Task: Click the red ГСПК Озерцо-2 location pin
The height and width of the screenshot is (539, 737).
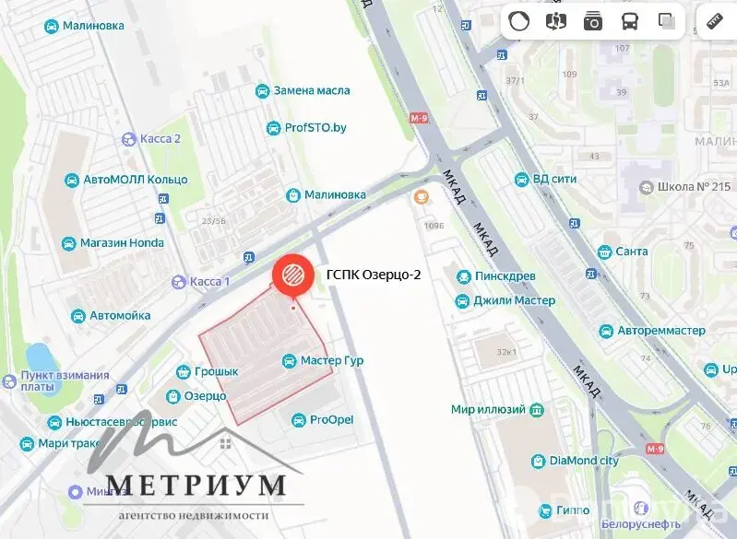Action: (x=291, y=275)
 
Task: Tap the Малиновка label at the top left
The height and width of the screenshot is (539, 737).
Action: (x=92, y=26)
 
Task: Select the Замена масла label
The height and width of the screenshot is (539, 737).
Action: (x=311, y=91)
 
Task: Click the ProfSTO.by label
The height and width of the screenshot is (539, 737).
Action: (x=315, y=128)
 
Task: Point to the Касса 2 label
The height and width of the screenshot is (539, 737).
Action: (x=160, y=139)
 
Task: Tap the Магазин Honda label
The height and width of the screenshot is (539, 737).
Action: (x=122, y=243)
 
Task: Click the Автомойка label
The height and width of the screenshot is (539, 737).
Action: (x=120, y=315)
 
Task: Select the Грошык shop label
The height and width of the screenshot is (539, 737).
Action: (x=217, y=371)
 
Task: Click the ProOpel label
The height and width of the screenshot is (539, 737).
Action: (x=332, y=420)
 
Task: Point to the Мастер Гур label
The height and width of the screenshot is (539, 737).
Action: (x=331, y=360)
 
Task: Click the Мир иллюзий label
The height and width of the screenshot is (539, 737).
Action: (x=488, y=409)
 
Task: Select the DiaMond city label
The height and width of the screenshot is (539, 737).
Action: (x=585, y=461)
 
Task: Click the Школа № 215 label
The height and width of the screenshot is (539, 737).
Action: (x=694, y=187)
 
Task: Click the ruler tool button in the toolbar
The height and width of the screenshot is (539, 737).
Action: (x=713, y=21)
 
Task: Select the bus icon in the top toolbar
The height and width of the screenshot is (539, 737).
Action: (x=629, y=21)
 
